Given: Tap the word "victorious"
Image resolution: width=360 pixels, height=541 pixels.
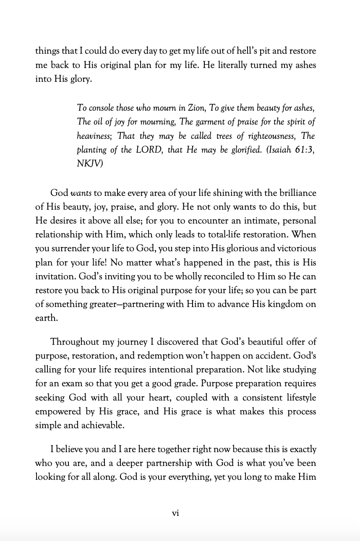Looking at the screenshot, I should point(294,248).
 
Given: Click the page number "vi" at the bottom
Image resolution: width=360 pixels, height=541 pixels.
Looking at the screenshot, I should point(176,513).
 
